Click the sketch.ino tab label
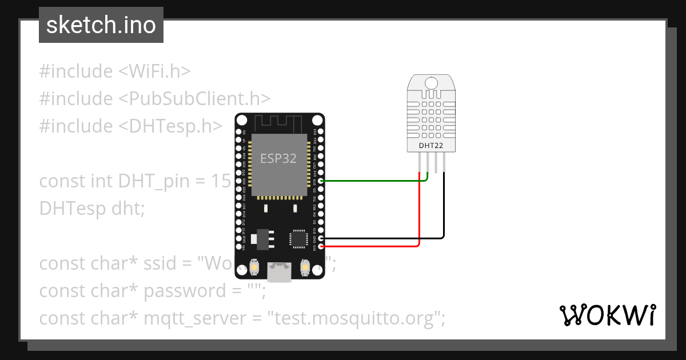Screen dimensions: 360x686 (101, 26)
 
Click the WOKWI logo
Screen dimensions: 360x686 (607, 315)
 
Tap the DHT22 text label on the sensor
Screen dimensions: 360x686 (431, 146)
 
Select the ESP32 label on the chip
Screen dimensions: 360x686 (278, 158)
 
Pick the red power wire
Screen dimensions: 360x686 (372, 246)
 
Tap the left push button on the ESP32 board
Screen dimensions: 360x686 (254, 267)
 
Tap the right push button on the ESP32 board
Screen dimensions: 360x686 (305, 267)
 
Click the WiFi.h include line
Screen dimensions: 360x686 (114, 71)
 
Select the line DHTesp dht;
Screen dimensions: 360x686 (92, 209)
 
